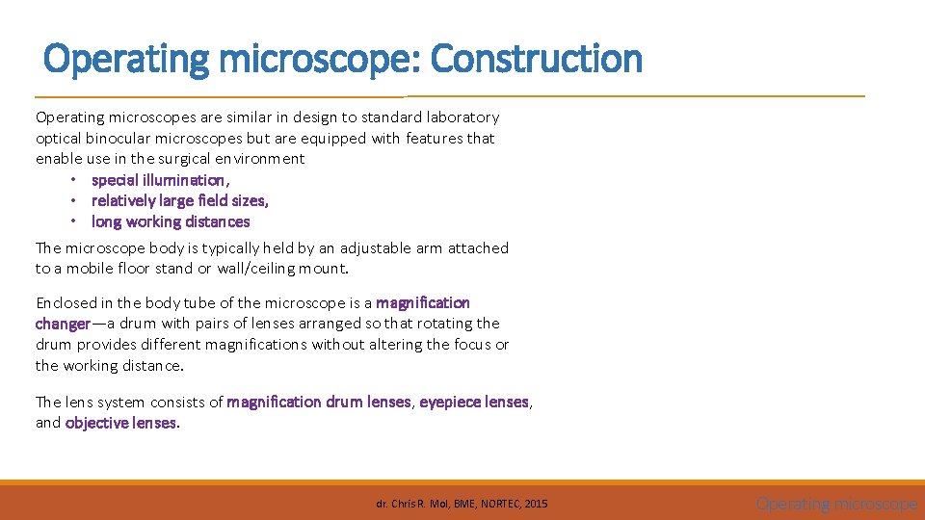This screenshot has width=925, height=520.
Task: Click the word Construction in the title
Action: click(536, 60)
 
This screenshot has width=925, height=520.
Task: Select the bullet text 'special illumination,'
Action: click(161, 180)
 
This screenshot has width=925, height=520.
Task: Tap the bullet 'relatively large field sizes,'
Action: click(180, 200)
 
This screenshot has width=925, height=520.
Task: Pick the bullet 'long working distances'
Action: click(171, 221)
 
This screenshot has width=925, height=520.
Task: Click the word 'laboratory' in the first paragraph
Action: click(462, 117)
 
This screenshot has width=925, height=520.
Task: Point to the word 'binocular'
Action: click(128, 138)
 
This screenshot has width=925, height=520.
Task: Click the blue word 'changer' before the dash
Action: click(64, 324)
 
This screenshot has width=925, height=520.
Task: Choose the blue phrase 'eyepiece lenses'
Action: click(474, 403)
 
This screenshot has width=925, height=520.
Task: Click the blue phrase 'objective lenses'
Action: click(121, 423)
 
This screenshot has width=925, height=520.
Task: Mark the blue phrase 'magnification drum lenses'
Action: click(319, 403)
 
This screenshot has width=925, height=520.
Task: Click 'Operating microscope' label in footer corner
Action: click(836, 504)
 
